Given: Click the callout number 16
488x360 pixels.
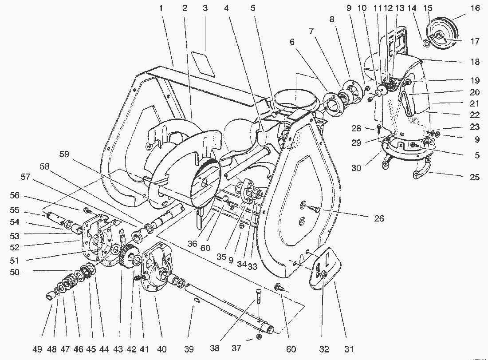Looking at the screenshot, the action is pyautogui.click(x=475, y=8).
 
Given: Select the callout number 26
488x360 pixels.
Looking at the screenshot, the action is pyautogui.click(x=379, y=218).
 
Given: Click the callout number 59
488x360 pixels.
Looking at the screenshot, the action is pyautogui.click(x=64, y=154).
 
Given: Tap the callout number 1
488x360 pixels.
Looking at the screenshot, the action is pyautogui.click(x=161, y=8).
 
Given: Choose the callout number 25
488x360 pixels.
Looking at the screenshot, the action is pyautogui.click(x=475, y=177).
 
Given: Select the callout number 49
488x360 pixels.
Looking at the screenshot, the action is pyautogui.click(x=37, y=349).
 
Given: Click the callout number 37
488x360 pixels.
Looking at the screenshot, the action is pyautogui.click(x=236, y=348).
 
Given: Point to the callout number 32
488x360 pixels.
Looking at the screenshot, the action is pyautogui.click(x=324, y=349).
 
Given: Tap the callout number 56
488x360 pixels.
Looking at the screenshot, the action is pyautogui.click(x=15, y=196).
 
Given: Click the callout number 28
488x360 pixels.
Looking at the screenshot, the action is pyautogui.click(x=356, y=128).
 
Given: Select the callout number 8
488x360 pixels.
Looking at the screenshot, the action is pyautogui.click(x=332, y=19).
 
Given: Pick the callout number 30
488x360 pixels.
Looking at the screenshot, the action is pyautogui.click(x=356, y=168).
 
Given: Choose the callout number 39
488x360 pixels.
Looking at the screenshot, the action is pyautogui.click(x=189, y=349).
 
